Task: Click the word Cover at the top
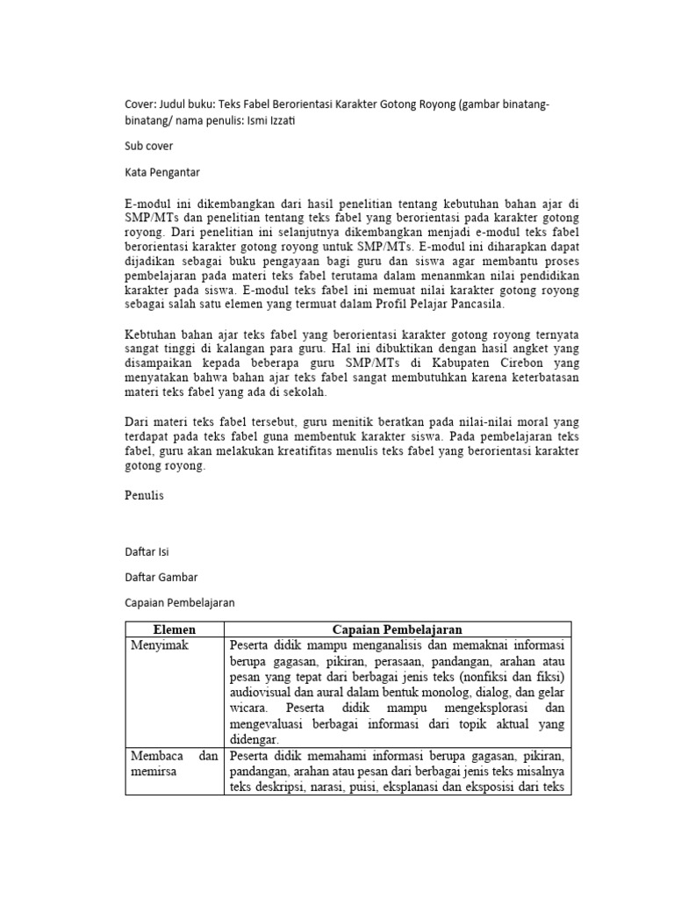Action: (x=140, y=104)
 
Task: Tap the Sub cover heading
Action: (x=149, y=147)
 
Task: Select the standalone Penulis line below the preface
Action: (x=144, y=495)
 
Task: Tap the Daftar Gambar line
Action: (x=161, y=577)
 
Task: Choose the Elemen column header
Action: (x=175, y=629)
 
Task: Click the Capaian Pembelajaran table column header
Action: (x=398, y=629)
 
